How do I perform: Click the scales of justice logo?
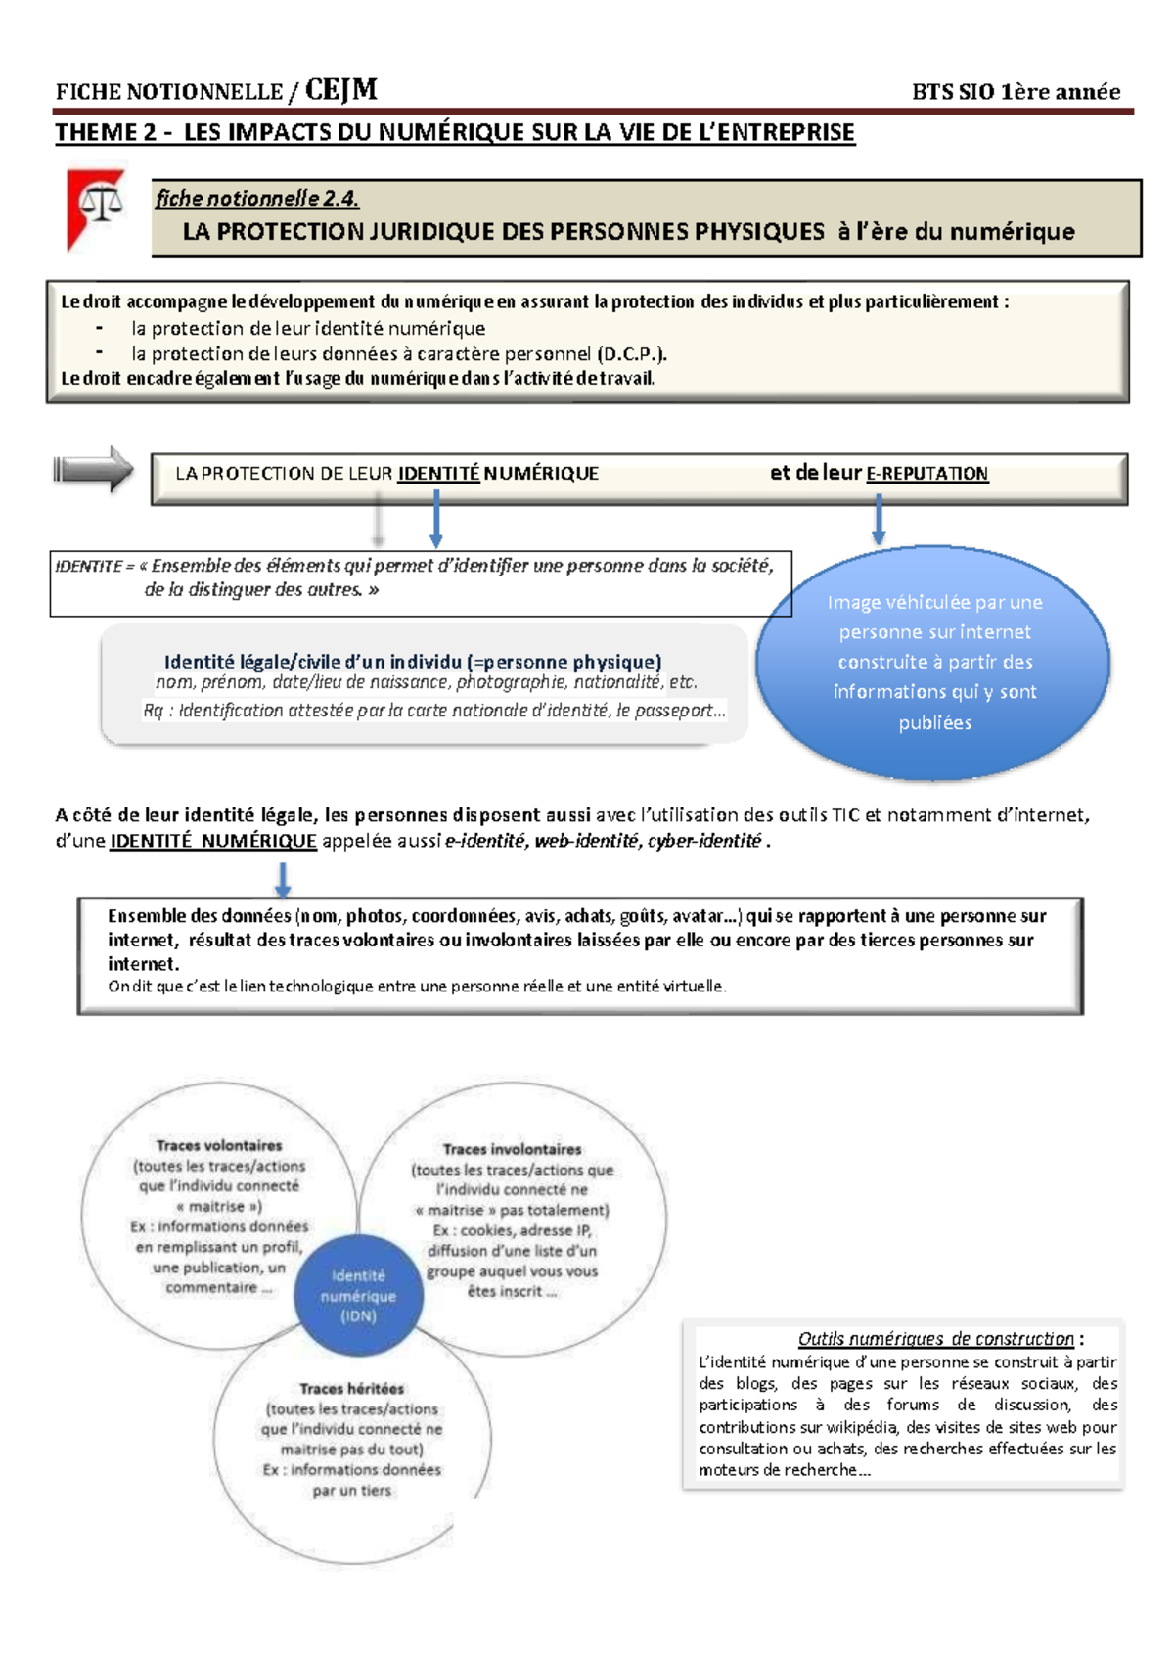(x=96, y=207)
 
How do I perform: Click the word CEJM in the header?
(x=340, y=91)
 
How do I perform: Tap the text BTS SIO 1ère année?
(x=1016, y=92)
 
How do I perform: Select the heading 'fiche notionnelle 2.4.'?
(x=257, y=199)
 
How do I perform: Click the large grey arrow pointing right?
(x=94, y=470)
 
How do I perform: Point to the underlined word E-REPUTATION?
(x=926, y=474)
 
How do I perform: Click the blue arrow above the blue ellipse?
(x=879, y=519)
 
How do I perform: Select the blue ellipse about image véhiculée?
(x=934, y=663)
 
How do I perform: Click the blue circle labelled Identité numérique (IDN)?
(x=358, y=1296)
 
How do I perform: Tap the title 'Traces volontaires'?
(x=219, y=1145)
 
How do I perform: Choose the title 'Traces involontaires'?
(x=512, y=1149)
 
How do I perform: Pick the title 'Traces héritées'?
(x=351, y=1388)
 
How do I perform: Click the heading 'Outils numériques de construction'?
(x=935, y=1338)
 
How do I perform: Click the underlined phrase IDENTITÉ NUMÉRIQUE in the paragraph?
(x=213, y=841)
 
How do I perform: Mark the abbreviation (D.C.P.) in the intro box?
(x=631, y=353)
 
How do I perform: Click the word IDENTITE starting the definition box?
(x=89, y=566)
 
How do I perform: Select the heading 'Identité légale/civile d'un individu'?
(x=413, y=662)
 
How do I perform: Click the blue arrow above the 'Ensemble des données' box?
(x=283, y=879)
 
